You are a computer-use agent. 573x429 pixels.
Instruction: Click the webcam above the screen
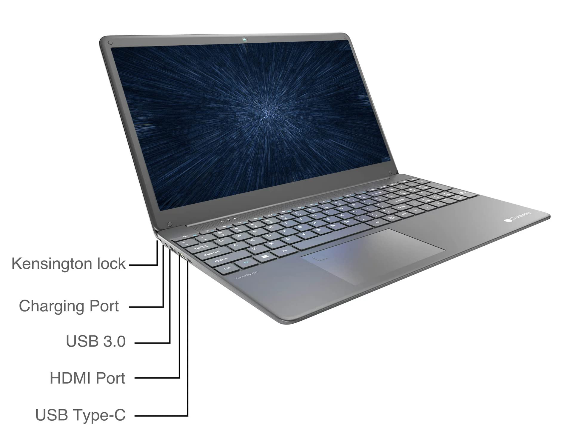tap(245, 39)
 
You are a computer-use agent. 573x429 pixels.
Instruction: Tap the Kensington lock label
tap(68, 264)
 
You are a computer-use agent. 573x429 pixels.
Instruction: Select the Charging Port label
tap(69, 306)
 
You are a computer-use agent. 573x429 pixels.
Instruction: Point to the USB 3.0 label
tap(95, 341)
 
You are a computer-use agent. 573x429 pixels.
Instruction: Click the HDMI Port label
tap(87, 378)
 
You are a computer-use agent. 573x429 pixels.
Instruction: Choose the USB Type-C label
tap(80, 415)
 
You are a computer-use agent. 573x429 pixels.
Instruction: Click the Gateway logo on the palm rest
tap(518, 217)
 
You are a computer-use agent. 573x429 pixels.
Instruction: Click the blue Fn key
tap(246, 262)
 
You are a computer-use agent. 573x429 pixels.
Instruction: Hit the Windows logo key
tap(265, 256)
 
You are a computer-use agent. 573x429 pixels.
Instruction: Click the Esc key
tap(185, 236)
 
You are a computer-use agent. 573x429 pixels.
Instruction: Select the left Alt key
tap(284, 251)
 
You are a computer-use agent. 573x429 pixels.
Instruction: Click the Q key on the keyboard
tap(221, 241)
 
